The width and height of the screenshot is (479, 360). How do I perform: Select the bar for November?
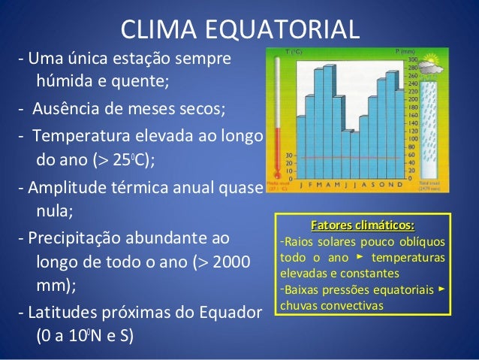(x=392, y=116)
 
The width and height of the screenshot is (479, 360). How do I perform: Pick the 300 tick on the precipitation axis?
(x=411, y=59)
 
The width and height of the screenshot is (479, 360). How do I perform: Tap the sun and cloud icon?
(x=432, y=68)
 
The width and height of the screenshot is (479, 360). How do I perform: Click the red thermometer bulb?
(x=277, y=174)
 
